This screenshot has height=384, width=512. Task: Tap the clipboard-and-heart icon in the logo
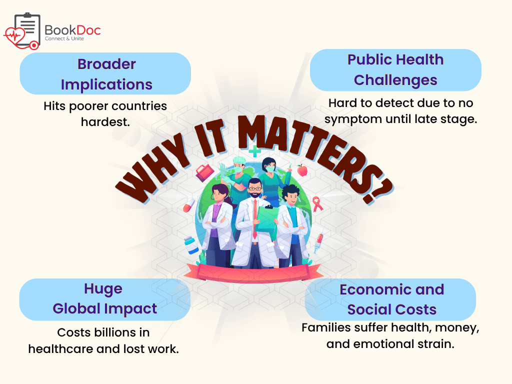coord(22,31)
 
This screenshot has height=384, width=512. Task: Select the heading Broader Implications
coord(106,74)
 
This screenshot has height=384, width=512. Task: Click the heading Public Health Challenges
coord(395,70)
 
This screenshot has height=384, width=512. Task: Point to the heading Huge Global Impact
coord(105,298)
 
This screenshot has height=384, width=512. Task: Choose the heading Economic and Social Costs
coord(392,299)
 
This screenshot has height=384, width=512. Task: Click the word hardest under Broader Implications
coord(105,122)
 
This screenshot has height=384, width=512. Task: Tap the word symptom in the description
coord(353,119)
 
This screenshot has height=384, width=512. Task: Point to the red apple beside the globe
coord(302,170)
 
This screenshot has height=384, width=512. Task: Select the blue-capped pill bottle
coord(191,245)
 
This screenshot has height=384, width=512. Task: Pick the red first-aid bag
coord(204,172)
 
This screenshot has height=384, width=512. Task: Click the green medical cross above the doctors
coord(254,151)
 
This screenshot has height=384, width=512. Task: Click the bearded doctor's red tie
coord(254,219)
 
